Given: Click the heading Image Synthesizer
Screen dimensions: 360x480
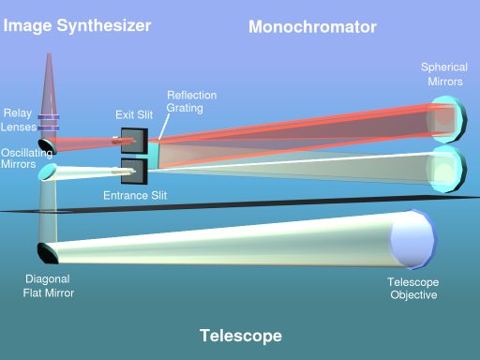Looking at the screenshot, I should (77, 25).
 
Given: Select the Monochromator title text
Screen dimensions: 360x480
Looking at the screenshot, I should (312, 27).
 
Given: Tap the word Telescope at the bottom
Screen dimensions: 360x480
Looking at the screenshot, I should (240, 336).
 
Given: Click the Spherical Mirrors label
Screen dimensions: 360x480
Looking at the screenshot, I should (443, 74).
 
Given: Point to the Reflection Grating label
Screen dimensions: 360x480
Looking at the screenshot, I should (191, 102).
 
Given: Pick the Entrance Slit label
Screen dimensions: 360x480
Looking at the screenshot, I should (134, 197).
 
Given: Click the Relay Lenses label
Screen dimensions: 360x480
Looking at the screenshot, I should (19, 120).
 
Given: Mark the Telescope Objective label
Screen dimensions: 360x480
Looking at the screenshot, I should (412, 289).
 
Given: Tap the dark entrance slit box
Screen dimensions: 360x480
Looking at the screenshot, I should (132, 172).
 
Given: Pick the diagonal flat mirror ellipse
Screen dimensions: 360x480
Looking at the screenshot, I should (46, 252).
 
